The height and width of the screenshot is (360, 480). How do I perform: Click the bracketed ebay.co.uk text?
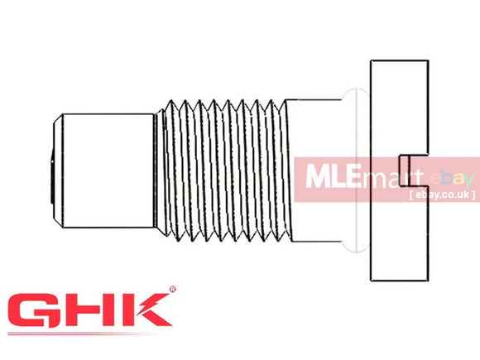tap(441, 195)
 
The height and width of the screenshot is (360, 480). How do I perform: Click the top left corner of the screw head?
tap(371, 60)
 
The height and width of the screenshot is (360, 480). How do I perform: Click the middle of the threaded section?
tap(223, 171)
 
